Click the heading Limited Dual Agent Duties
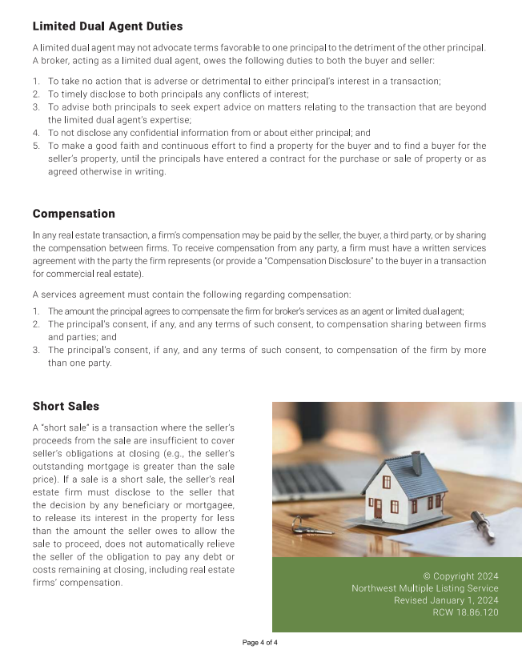[x=107, y=27]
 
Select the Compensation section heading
[x=74, y=214]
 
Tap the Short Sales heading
[x=66, y=406]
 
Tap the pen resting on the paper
[x=482, y=526]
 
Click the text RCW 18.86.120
[x=465, y=612]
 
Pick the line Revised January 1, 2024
[x=446, y=600]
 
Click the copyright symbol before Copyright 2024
[x=427, y=576]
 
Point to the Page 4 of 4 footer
[x=260, y=643]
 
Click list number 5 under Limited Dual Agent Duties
[x=36, y=146]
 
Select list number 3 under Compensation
[x=36, y=350]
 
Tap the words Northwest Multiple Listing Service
[x=425, y=588]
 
